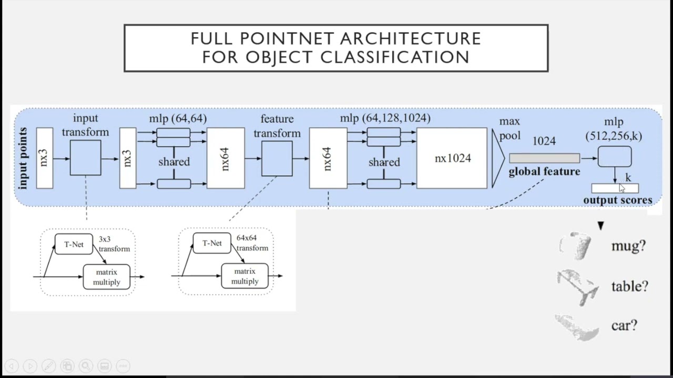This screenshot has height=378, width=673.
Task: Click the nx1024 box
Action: [452, 158]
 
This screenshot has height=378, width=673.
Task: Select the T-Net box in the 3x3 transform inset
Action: [74, 244]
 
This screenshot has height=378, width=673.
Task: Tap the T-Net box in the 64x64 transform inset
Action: [212, 243]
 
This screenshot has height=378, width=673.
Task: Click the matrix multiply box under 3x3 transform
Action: [106, 277]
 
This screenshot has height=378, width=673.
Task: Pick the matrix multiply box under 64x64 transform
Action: [244, 276]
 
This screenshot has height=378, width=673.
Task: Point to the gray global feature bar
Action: [544, 158]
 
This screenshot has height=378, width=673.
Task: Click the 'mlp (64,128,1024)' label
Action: [385, 118]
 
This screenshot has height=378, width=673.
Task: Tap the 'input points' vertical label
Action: [23, 158]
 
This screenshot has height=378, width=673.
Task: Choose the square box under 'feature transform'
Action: [277, 159]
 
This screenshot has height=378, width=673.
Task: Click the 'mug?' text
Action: [628, 246]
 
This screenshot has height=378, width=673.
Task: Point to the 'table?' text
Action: [629, 286]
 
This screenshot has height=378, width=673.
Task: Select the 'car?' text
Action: [624, 325]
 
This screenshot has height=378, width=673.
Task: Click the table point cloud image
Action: [577, 286]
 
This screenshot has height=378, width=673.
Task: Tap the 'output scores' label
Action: [617, 200]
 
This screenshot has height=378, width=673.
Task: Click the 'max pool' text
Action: [509, 129]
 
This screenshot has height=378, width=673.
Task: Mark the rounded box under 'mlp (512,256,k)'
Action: [615, 156]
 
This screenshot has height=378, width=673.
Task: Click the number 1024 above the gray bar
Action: [544, 141]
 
